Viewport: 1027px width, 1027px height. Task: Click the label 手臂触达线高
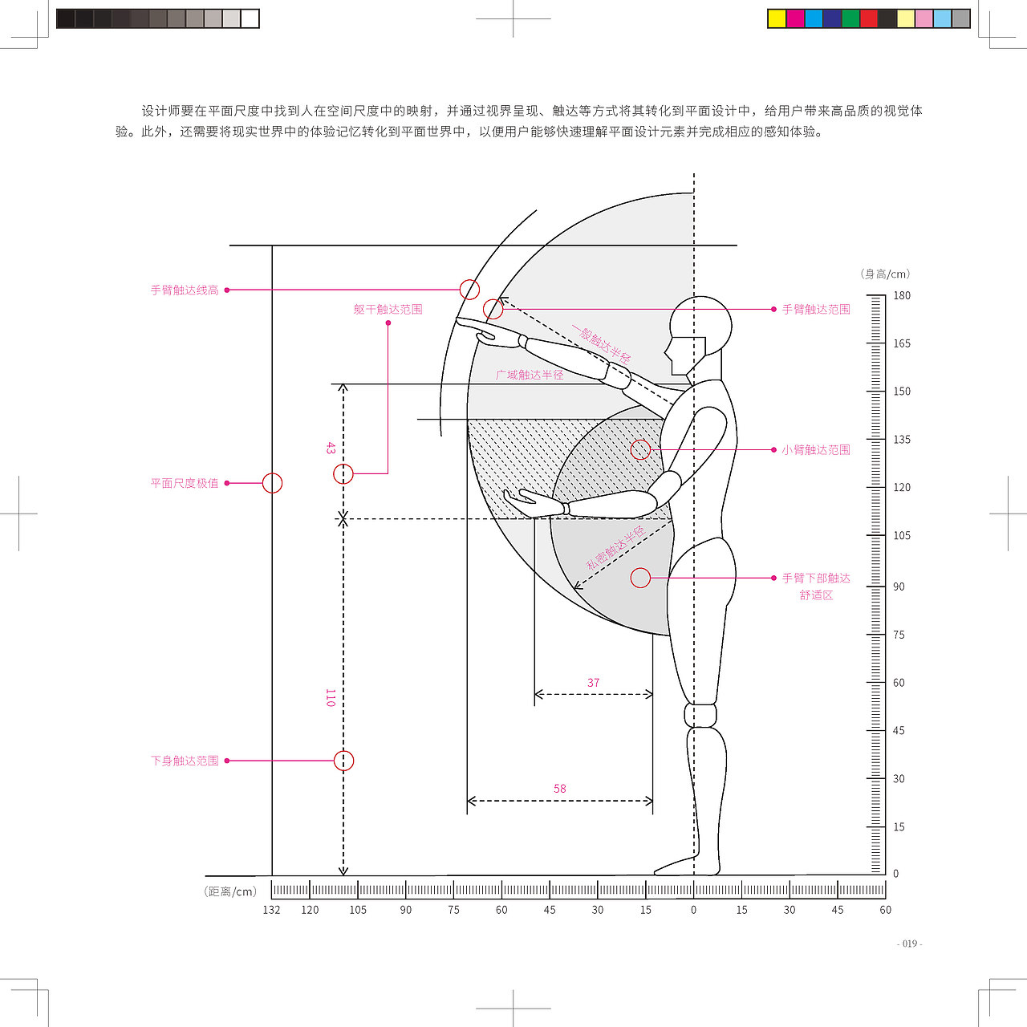pyautogui.click(x=185, y=290)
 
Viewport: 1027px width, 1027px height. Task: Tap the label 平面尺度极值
pyautogui.click(x=185, y=483)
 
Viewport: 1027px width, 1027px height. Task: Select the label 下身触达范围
pyautogui.click(x=185, y=761)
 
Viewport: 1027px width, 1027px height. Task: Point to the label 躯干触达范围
pyautogui.click(x=388, y=309)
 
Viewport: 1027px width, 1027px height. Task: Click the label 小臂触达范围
pyautogui.click(x=816, y=450)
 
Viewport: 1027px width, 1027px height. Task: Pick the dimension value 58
pyautogui.click(x=559, y=788)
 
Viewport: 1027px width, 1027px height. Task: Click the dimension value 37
pyautogui.click(x=593, y=683)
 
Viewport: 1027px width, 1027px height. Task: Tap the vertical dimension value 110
pyautogui.click(x=331, y=697)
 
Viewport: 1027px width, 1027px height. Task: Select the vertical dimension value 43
pyautogui.click(x=331, y=448)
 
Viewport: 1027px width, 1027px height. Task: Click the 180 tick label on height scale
pyautogui.click(x=902, y=295)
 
